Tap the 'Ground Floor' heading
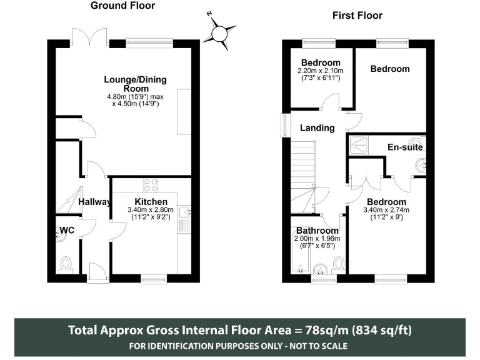point(122,6)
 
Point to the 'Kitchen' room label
point(151,201)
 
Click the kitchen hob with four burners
point(151,184)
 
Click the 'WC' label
point(67,231)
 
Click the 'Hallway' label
point(95,202)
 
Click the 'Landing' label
point(317,128)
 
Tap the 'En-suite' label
point(405,147)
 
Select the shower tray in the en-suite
point(360,144)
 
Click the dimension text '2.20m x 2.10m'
point(321,71)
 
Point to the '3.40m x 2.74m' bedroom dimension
point(387,210)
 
